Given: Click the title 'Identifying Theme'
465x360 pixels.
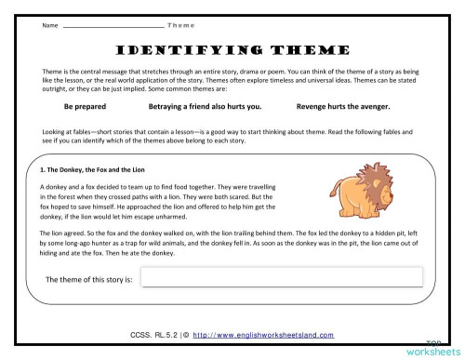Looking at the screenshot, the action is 232,49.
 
